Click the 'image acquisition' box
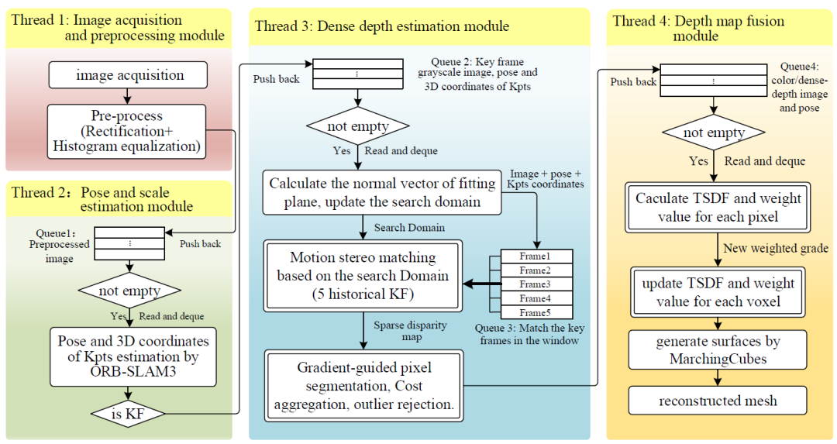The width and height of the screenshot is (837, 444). [129, 76]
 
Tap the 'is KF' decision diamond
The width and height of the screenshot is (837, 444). [129, 414]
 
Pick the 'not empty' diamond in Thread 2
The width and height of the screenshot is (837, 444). [129, 291]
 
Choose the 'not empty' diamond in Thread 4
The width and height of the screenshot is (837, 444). [714, 133]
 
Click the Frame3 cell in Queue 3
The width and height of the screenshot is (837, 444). [536, 284]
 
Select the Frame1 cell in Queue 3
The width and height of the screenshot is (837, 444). [536, 256]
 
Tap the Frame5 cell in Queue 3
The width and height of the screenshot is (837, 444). [536, 311]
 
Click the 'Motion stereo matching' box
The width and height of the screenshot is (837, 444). [363, 276]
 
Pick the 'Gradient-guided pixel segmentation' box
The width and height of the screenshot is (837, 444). [363, 384]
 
